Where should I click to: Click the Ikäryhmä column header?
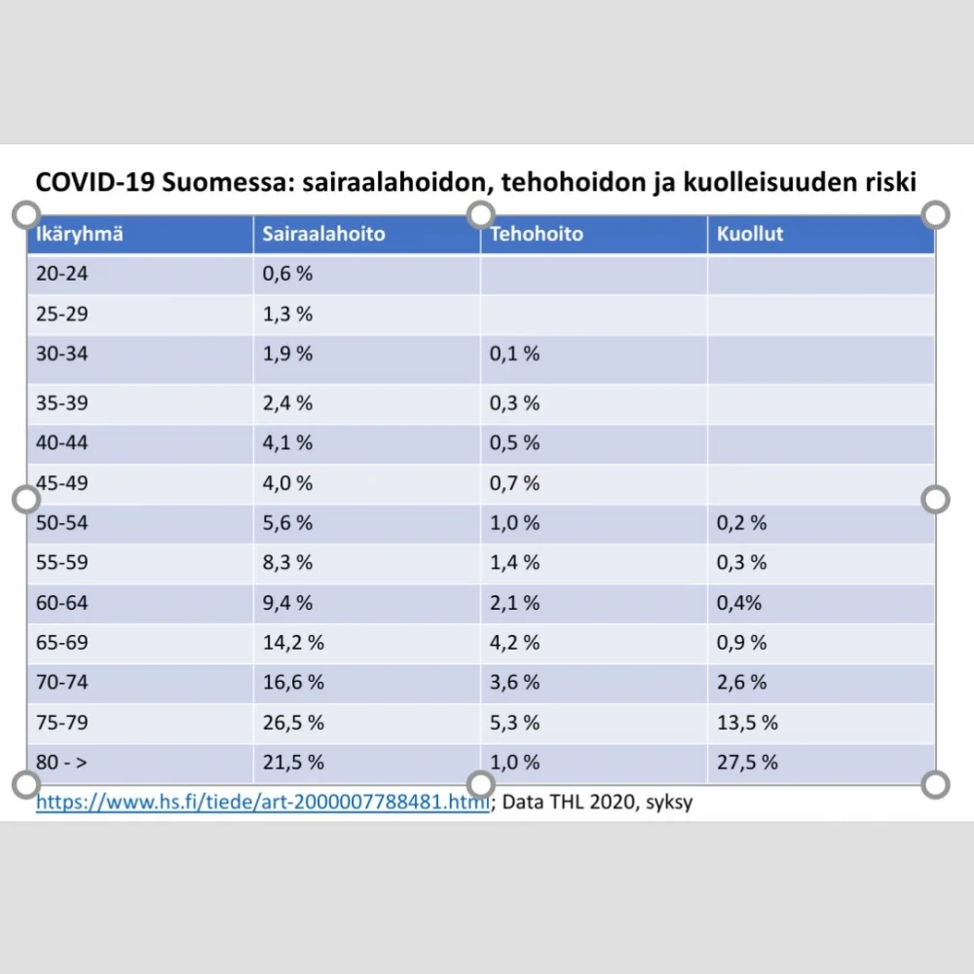click(79, 235)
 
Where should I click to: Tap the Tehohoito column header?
click(536, 235)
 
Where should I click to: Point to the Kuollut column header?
click(750, 235)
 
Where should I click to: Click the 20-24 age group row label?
click(61, 275)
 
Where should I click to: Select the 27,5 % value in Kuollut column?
click(747, 763)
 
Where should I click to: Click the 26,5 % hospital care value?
click(293, 723)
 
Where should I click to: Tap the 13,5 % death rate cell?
click(747, 723)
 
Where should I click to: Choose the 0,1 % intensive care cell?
click(514, 354)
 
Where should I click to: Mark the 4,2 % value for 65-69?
click(514, 643)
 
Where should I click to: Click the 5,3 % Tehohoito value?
click(514, 723)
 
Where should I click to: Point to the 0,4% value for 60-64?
click(739, 603)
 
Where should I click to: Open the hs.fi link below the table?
click(262, 804)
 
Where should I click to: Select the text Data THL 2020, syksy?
click(599, 804)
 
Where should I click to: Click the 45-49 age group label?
click(61, 483)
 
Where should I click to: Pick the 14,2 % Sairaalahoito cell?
click(293, 643)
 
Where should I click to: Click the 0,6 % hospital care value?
click(287, 275)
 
